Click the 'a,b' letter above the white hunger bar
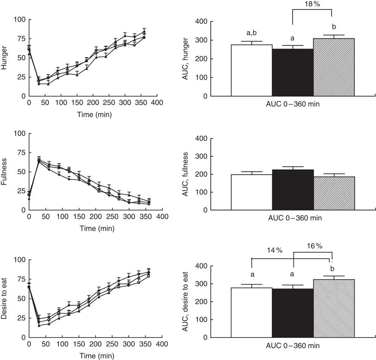point(251,33)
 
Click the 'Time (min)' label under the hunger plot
point(96,114)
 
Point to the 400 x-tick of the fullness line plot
point(162,217)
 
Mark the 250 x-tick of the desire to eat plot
point(96,344)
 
